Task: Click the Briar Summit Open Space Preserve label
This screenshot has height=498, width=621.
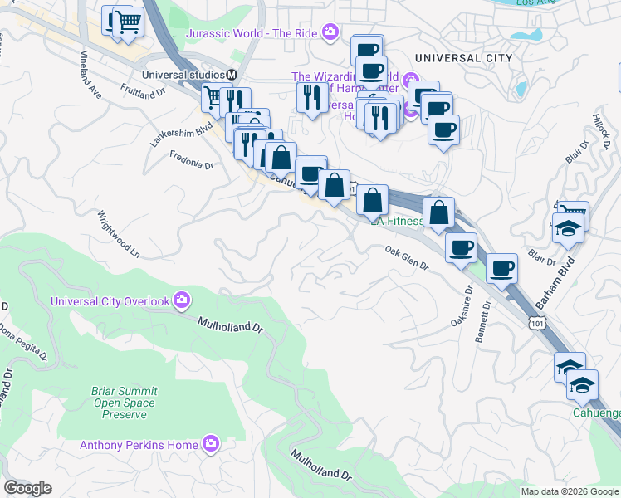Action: pos(124,403)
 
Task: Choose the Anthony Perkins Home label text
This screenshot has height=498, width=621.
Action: pos(139,445)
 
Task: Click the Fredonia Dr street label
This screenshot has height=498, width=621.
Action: pos(192,159)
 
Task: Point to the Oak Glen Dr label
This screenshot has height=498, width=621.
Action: pos(406,258)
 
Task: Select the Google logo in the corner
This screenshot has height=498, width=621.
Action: pos(27,488)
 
